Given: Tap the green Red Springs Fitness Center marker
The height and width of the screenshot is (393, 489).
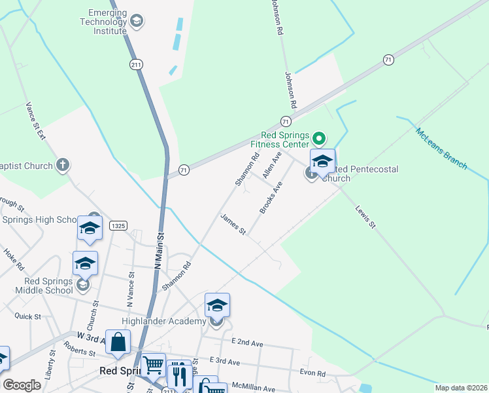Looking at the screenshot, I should point(319,138).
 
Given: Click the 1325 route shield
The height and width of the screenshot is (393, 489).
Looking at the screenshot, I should point(118,225).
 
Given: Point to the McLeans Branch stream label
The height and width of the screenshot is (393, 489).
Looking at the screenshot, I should point(441,149).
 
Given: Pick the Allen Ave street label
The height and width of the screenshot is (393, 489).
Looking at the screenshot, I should point(271,165).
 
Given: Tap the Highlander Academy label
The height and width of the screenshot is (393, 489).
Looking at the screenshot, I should point(163,321).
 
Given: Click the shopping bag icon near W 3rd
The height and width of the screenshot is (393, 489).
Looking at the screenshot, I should point(118,342).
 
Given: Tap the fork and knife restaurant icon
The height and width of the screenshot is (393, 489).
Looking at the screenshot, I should point(178,374).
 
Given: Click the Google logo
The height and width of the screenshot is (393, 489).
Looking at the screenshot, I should point(22,385).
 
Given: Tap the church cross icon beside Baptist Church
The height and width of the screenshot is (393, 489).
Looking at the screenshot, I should point(63,164).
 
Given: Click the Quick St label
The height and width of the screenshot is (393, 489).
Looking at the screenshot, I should point(27,316).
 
